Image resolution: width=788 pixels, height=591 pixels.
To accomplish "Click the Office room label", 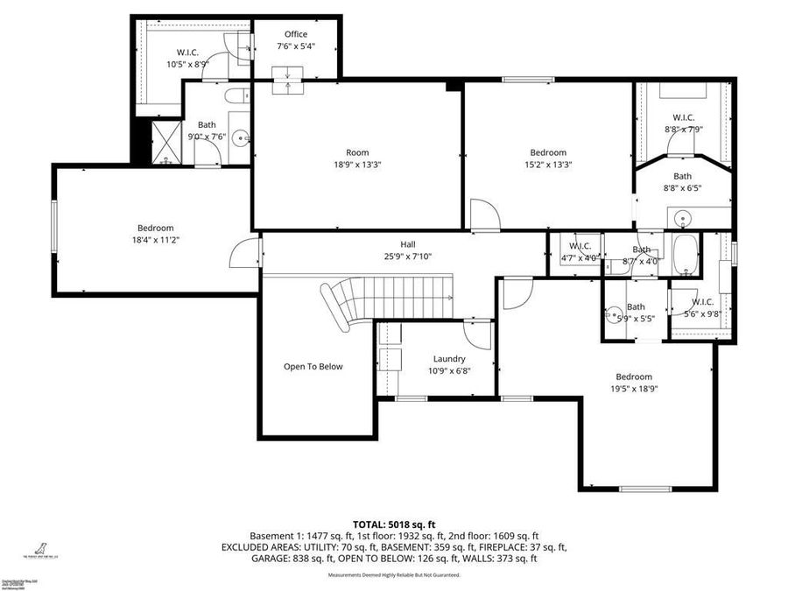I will point(295,35).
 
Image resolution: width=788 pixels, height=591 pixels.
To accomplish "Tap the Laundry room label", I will point(449,359).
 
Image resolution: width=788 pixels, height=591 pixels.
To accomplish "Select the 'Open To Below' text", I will point(313,367).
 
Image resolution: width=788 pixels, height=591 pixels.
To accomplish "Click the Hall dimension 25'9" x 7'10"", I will point(408,257).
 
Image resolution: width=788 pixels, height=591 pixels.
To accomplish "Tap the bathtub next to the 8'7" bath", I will point(684,254).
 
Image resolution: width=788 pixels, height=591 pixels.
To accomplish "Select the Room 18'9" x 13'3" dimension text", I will point(357,164).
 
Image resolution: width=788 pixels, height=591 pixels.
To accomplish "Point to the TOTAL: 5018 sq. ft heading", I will point(394,524).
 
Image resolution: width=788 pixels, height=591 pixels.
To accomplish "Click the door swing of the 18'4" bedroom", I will point(243,254).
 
